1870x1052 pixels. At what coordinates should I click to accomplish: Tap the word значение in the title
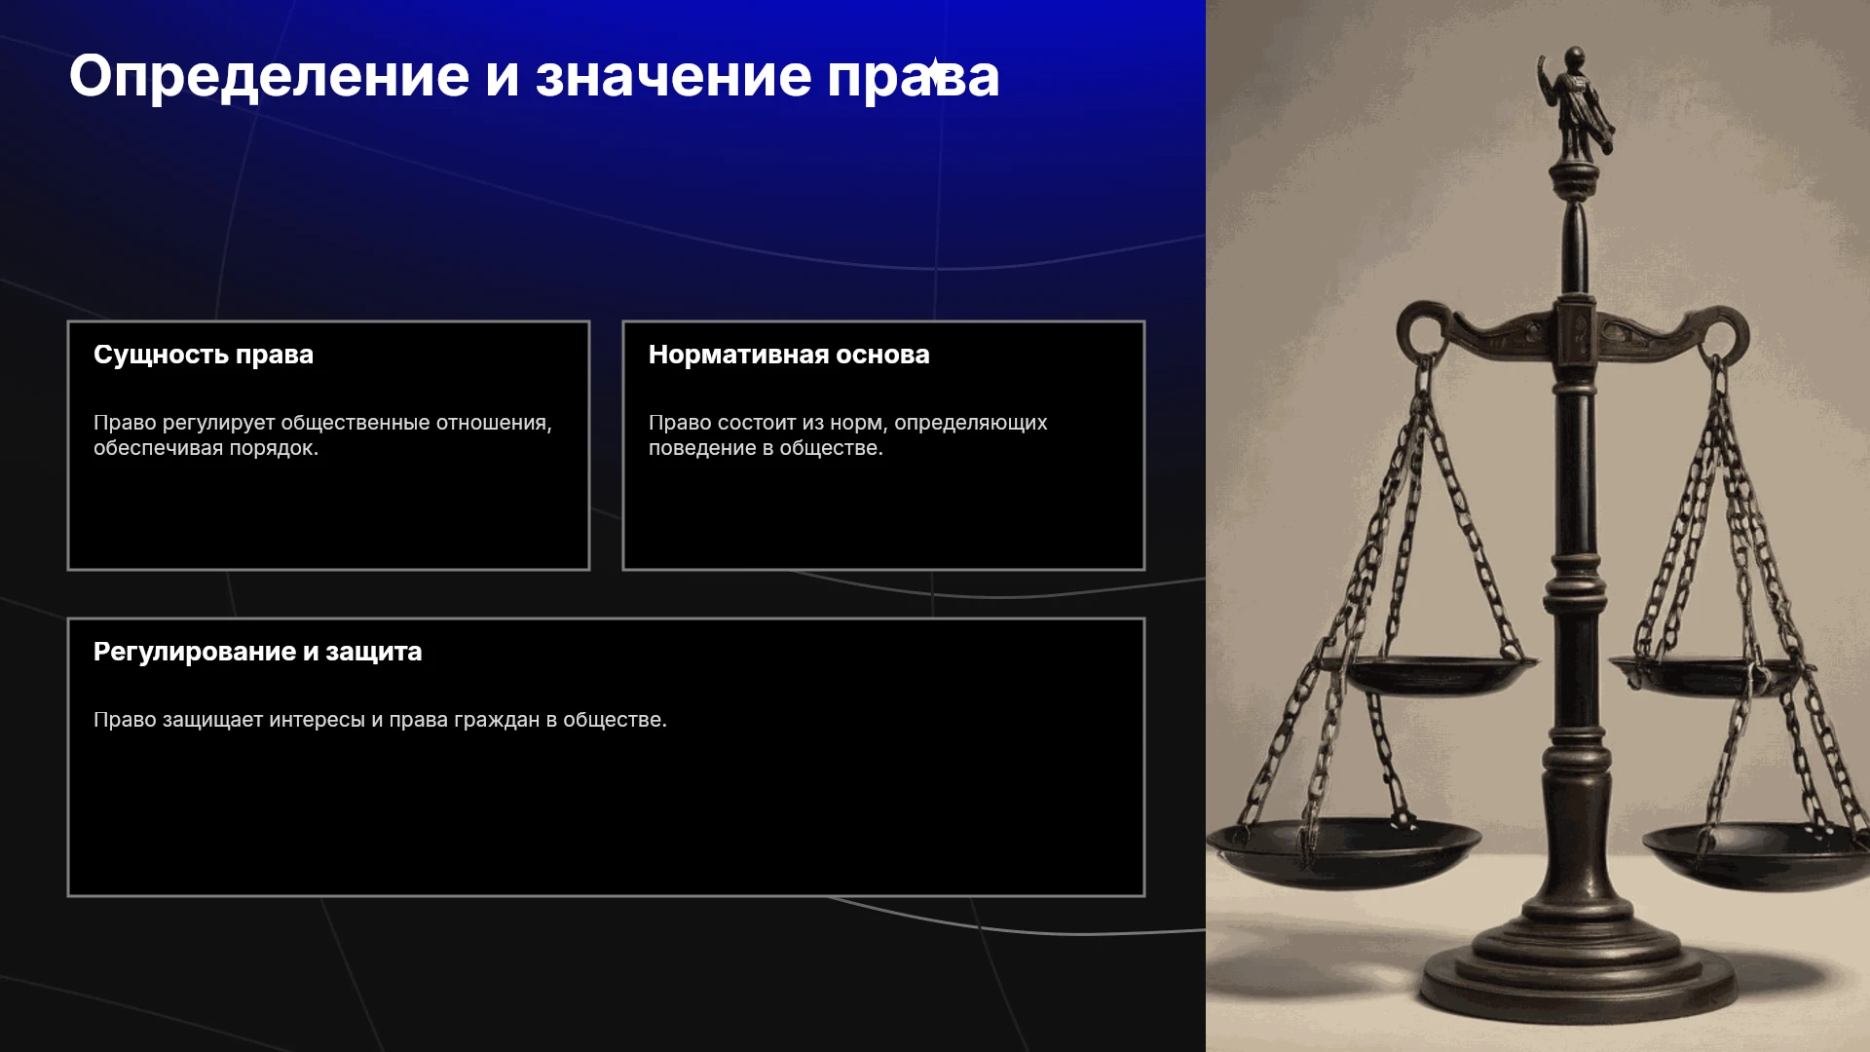click(x=673, y=76)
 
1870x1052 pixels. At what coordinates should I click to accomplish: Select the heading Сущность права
click(x=204, y=355)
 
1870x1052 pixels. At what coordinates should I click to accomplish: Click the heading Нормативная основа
click(x=789, y=355)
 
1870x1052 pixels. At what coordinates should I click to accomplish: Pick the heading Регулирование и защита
click(x=258, y=652)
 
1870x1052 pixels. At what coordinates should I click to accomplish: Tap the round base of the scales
click(x=1578, y=974)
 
